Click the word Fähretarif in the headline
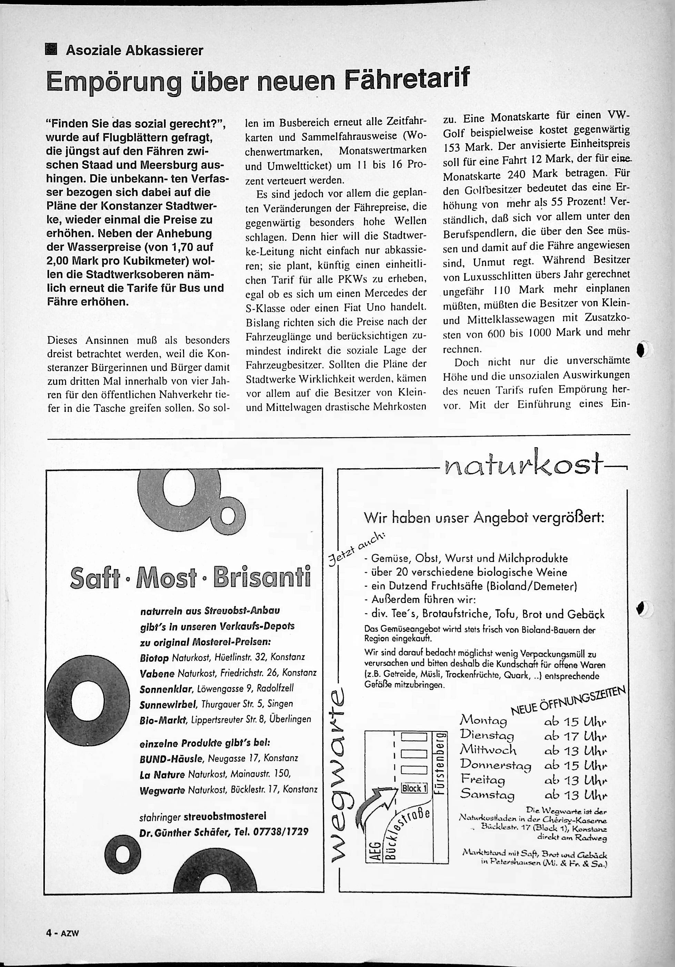(406, 79)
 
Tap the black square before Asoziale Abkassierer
(51, 50)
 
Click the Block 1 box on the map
(414, 788)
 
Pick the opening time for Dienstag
(575, 736)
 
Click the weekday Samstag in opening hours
(487, 794)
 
